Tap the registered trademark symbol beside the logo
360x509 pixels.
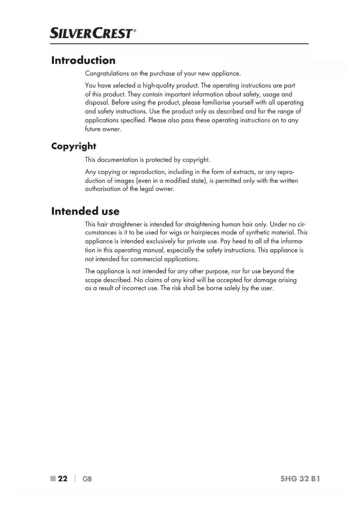tap(135, 30)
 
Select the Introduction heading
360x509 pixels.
tap(83, 60)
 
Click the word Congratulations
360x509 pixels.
tap(107, 73)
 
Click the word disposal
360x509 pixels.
tap(97, 103)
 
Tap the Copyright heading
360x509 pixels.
tap(74, 146)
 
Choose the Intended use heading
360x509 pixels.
tap(85, 211)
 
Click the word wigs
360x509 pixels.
tap(175, 233)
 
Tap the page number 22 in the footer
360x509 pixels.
tap(63, 479)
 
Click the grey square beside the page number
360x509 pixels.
tap(53, 479)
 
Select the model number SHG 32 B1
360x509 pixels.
tap(300, 479)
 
